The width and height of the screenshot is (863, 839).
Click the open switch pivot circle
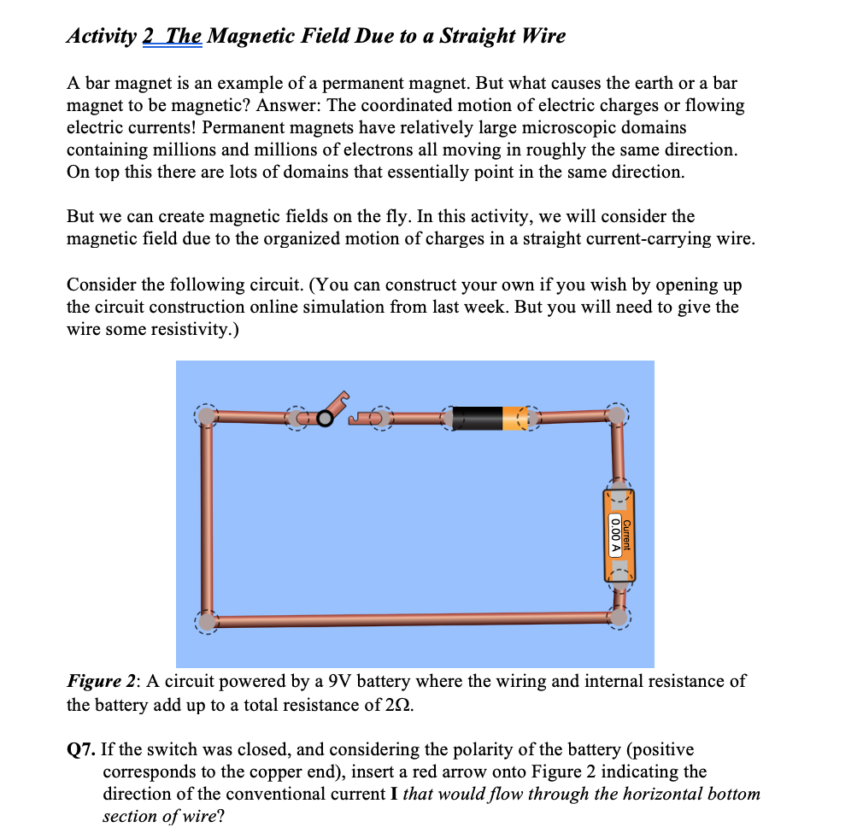pyautogui.click(x=325, y=418)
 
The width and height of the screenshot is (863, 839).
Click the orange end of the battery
pyautogui.click(x=515, y=418)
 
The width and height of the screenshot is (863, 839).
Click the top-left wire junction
pyautogui.click(x=205, y=416)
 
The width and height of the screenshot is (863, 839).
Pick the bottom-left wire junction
pyautogui.click(x=205, y=619)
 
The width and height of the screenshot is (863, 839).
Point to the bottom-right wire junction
pyautogui.click(x=617, y=616)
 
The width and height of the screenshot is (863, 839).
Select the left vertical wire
pyautogui.click(x=206, y=517)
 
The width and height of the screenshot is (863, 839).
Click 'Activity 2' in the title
pyautogui.click(x=112, y=37)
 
